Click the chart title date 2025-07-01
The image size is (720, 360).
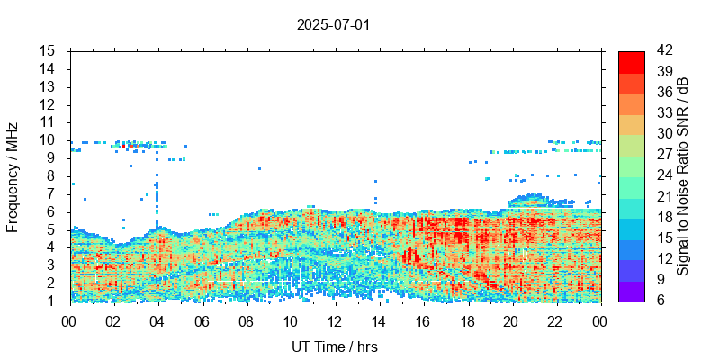[x=333, y=24]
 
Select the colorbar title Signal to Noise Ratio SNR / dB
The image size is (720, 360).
[x=683, y=176]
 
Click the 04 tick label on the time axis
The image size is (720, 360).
[x=157, y=321]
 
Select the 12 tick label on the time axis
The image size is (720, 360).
[x=335, y=321]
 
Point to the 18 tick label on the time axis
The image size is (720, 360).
[x=467, y=321]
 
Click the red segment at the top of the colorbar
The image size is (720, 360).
[x=631, y=61]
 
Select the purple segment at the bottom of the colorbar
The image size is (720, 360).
[x=631, y=291]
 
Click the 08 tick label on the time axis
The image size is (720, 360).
[x=246, y=321]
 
